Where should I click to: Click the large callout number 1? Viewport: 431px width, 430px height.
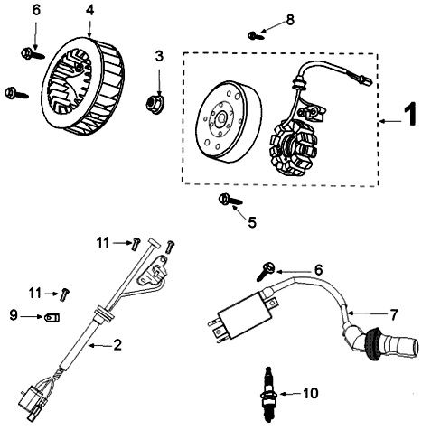coord(409,117)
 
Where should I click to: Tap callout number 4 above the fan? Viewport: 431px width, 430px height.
coord(89,10)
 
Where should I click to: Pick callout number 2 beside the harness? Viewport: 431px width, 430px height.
coord(117,344)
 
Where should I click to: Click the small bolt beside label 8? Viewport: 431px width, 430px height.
coord(256,34)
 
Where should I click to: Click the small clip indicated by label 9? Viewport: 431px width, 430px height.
coord(51,317)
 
